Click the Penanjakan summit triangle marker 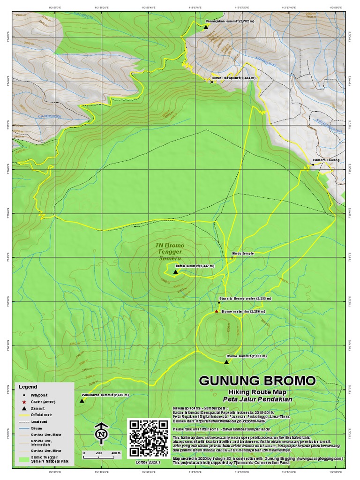(x=205, y=28)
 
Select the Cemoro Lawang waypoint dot (x=313, y=165)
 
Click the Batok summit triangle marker (x=176, y=272)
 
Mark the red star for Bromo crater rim (x=216, y=312)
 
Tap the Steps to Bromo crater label (x=239, y=298)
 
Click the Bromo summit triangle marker (x=226, y=362)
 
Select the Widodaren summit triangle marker (x=82, y=401)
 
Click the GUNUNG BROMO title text (x=257, y=380)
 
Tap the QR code (x=148, y=438)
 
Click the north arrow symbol (x=101, y=434)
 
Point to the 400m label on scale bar (x=115, y=453)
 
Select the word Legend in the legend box (x=28, y=387)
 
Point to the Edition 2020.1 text (x=148, y=462)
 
